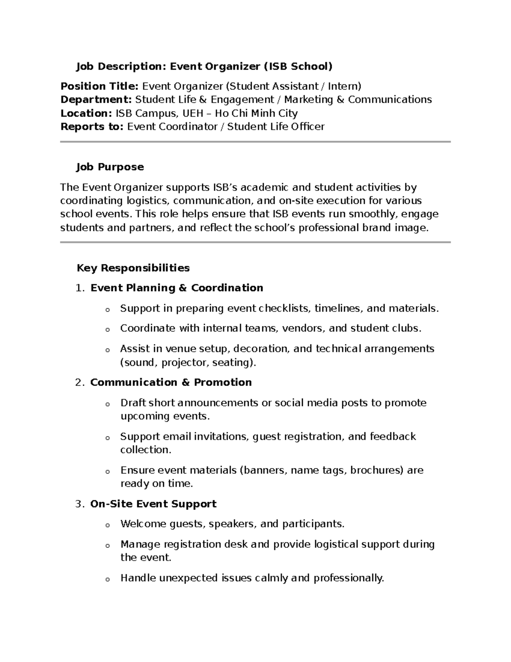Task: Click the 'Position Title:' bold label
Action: pos(99,87)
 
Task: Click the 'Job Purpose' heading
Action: pos(110,167)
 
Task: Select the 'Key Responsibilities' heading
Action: pos(133,268)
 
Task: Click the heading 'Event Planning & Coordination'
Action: pos(177,288)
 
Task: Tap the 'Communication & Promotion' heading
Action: pos(171,382)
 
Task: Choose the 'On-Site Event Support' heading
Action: pos(153,504)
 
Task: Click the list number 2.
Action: pos(79,382)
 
